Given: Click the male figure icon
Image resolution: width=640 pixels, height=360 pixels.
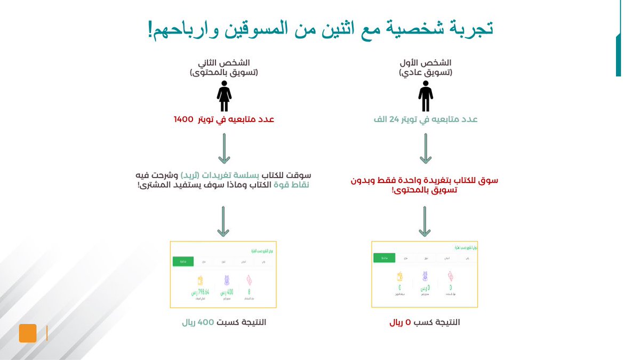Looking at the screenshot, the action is point(425,97).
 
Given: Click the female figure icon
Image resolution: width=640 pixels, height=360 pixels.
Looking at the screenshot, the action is point(224,97).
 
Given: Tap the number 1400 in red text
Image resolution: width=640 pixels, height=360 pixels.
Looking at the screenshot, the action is point(183,119).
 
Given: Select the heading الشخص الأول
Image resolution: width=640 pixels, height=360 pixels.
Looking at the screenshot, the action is point(425,62).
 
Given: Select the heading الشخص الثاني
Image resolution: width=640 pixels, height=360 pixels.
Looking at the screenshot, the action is point(224,62).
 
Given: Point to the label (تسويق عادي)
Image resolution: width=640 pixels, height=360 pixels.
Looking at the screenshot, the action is point(425,72).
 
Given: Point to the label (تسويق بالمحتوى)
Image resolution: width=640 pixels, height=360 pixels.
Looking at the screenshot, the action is point(224,72).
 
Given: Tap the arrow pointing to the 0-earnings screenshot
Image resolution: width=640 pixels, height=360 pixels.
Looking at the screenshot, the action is point(425,221).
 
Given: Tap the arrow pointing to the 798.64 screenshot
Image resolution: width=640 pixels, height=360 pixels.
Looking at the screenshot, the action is point(224,221).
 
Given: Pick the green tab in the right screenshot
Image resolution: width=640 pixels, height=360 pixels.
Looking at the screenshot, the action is point(384,258).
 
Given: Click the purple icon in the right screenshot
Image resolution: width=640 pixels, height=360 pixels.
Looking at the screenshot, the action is point(425,276).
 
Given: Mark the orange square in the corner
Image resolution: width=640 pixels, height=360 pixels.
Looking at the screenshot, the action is point(28,333).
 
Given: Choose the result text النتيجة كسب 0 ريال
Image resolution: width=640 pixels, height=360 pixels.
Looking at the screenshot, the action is point(425,323).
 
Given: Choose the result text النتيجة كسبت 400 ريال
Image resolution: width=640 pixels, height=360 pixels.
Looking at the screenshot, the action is point(224,323).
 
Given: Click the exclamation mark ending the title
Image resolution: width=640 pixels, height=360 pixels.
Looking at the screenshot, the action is point(150,29).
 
